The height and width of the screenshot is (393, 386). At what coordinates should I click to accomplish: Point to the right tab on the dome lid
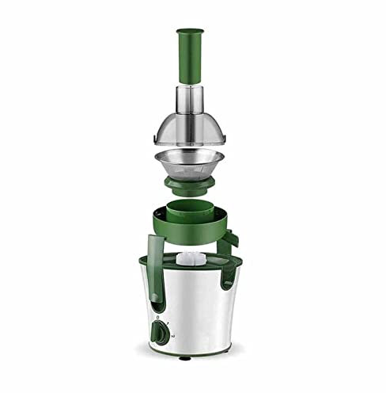point(228,143)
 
